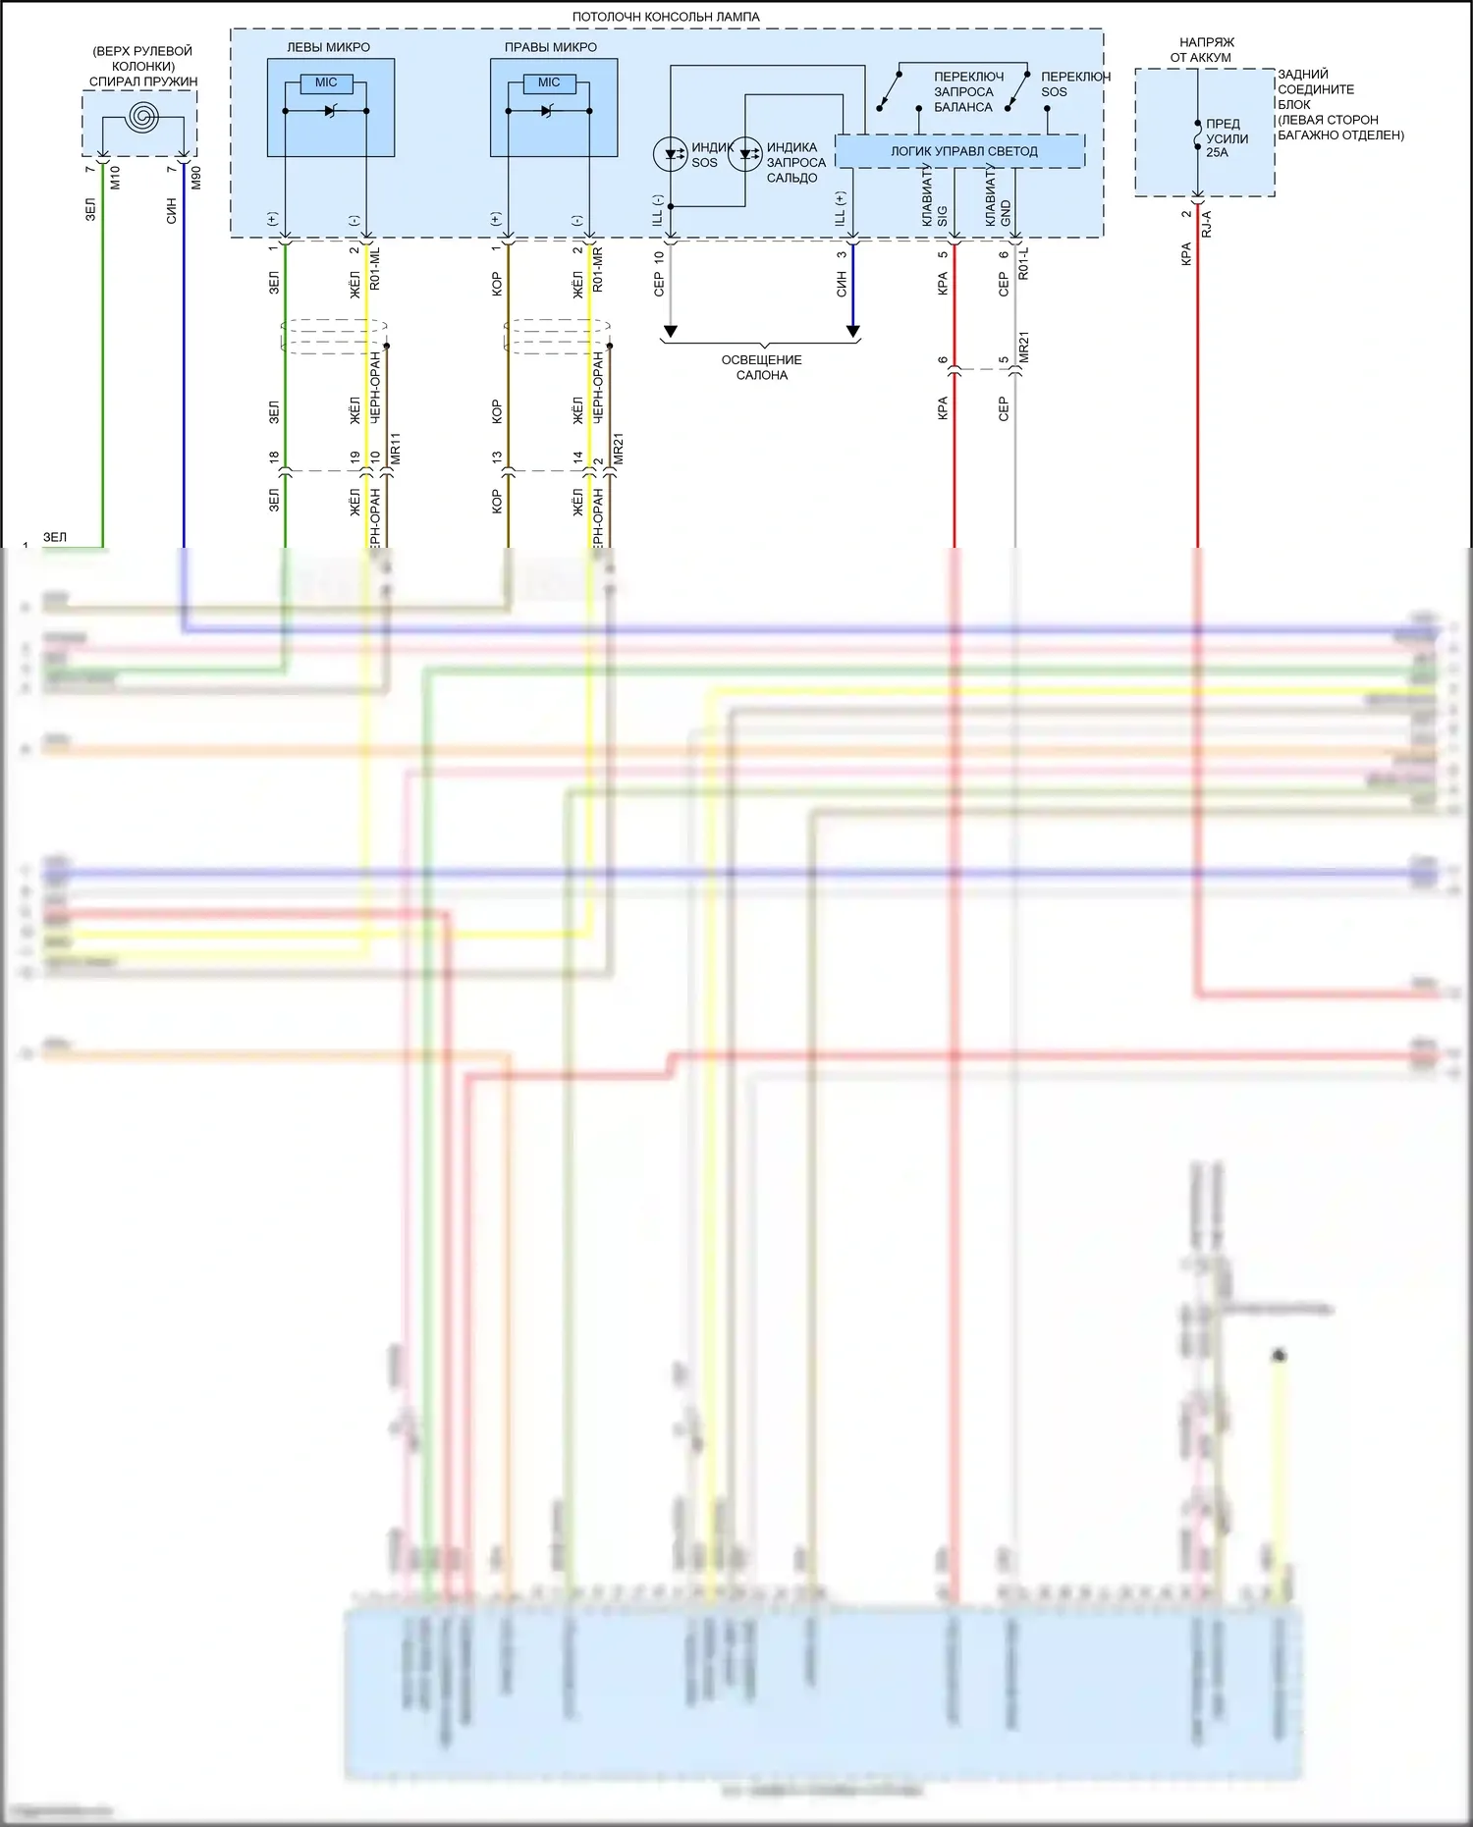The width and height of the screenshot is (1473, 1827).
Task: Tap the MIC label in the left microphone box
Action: pyautogui.click(x=326, y=83)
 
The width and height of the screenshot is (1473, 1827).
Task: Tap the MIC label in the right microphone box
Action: pyautogui.click(x=549, y=83)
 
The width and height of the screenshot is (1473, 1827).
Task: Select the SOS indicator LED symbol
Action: pyautogui.click(x=671, y=154)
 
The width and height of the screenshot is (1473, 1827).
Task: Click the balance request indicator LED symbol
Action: pyautogui.click(x=745, y=154)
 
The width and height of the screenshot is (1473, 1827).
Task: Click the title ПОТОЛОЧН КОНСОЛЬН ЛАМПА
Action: pyautogui.click(x=666, y=17)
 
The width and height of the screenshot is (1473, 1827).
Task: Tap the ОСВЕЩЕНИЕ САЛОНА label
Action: pyautogui.click(x=761, y=367)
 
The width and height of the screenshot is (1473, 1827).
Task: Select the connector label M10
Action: pyautogui.click(x=115, y=178)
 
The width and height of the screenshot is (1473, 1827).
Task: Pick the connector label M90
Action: pyautogui.click(x=195, y=178)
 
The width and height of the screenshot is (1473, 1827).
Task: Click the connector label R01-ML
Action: pyautogui.click(x=374, y=268)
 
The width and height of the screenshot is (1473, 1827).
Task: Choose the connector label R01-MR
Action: pyautogui.click(x=598, y=268)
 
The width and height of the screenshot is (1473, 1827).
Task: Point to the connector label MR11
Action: pyautogui.click(x=395, y=449)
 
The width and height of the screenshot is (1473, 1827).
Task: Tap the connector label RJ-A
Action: pyautogui.click(x=1207, y=224)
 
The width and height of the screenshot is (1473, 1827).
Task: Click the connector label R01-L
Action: pyautogui.click(x=1023, y=263)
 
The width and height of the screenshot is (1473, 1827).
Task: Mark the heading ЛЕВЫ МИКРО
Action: pyautogui.click(x=328, y=47)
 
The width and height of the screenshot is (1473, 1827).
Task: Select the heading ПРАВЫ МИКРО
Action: pyautogui.click(x=550, y=47)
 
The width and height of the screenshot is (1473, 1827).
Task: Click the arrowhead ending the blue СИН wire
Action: pyautogui.click(x=852, y=332)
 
